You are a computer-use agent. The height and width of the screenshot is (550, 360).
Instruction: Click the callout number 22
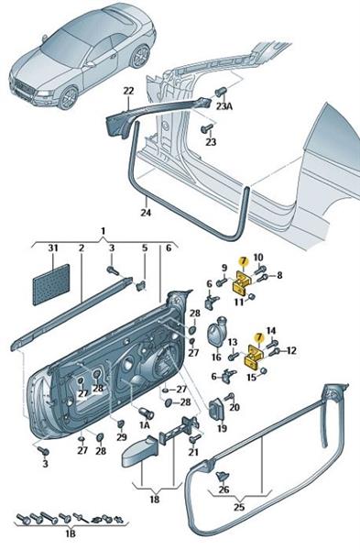click(x=128, y=91)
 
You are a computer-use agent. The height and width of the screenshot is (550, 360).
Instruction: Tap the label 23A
click(x=224, y=106)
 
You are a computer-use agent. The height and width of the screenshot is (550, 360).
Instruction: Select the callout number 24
click(x=146, y=213)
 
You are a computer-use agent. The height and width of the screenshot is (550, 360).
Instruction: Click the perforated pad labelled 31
click(x=52, y=285)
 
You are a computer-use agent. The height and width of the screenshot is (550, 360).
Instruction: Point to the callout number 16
click(x=216, y=357)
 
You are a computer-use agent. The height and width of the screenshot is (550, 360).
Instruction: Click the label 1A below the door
click(x=145, y=425)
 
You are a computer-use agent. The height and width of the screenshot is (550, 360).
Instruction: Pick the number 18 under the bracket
click(x=155, y=499)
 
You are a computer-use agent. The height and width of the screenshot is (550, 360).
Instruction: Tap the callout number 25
click(x=239, y=507)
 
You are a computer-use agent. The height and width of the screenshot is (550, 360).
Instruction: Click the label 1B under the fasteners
click(x=71, y=533)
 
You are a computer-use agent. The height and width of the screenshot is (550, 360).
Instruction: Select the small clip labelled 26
click(x=223, y=476)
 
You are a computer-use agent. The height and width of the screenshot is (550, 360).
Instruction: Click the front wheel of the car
click(x=68, y=98)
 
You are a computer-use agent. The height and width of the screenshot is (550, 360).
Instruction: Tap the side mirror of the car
click(x=90, y=64)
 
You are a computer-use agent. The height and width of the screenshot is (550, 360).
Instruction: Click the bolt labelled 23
click(x=206, y=128)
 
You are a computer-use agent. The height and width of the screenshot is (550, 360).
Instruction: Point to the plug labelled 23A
click(x=220, y=92)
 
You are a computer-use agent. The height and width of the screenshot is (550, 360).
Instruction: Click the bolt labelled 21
click(x=194, y=438)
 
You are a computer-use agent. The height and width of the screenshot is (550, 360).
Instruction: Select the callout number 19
click(x=223, y=428)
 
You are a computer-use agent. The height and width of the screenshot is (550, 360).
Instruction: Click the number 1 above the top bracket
click(x=104, y=231)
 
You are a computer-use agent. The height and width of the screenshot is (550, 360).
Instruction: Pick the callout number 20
click(x=235, y=407)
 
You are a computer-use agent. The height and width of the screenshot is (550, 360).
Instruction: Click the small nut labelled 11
click(x=250, y=297)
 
